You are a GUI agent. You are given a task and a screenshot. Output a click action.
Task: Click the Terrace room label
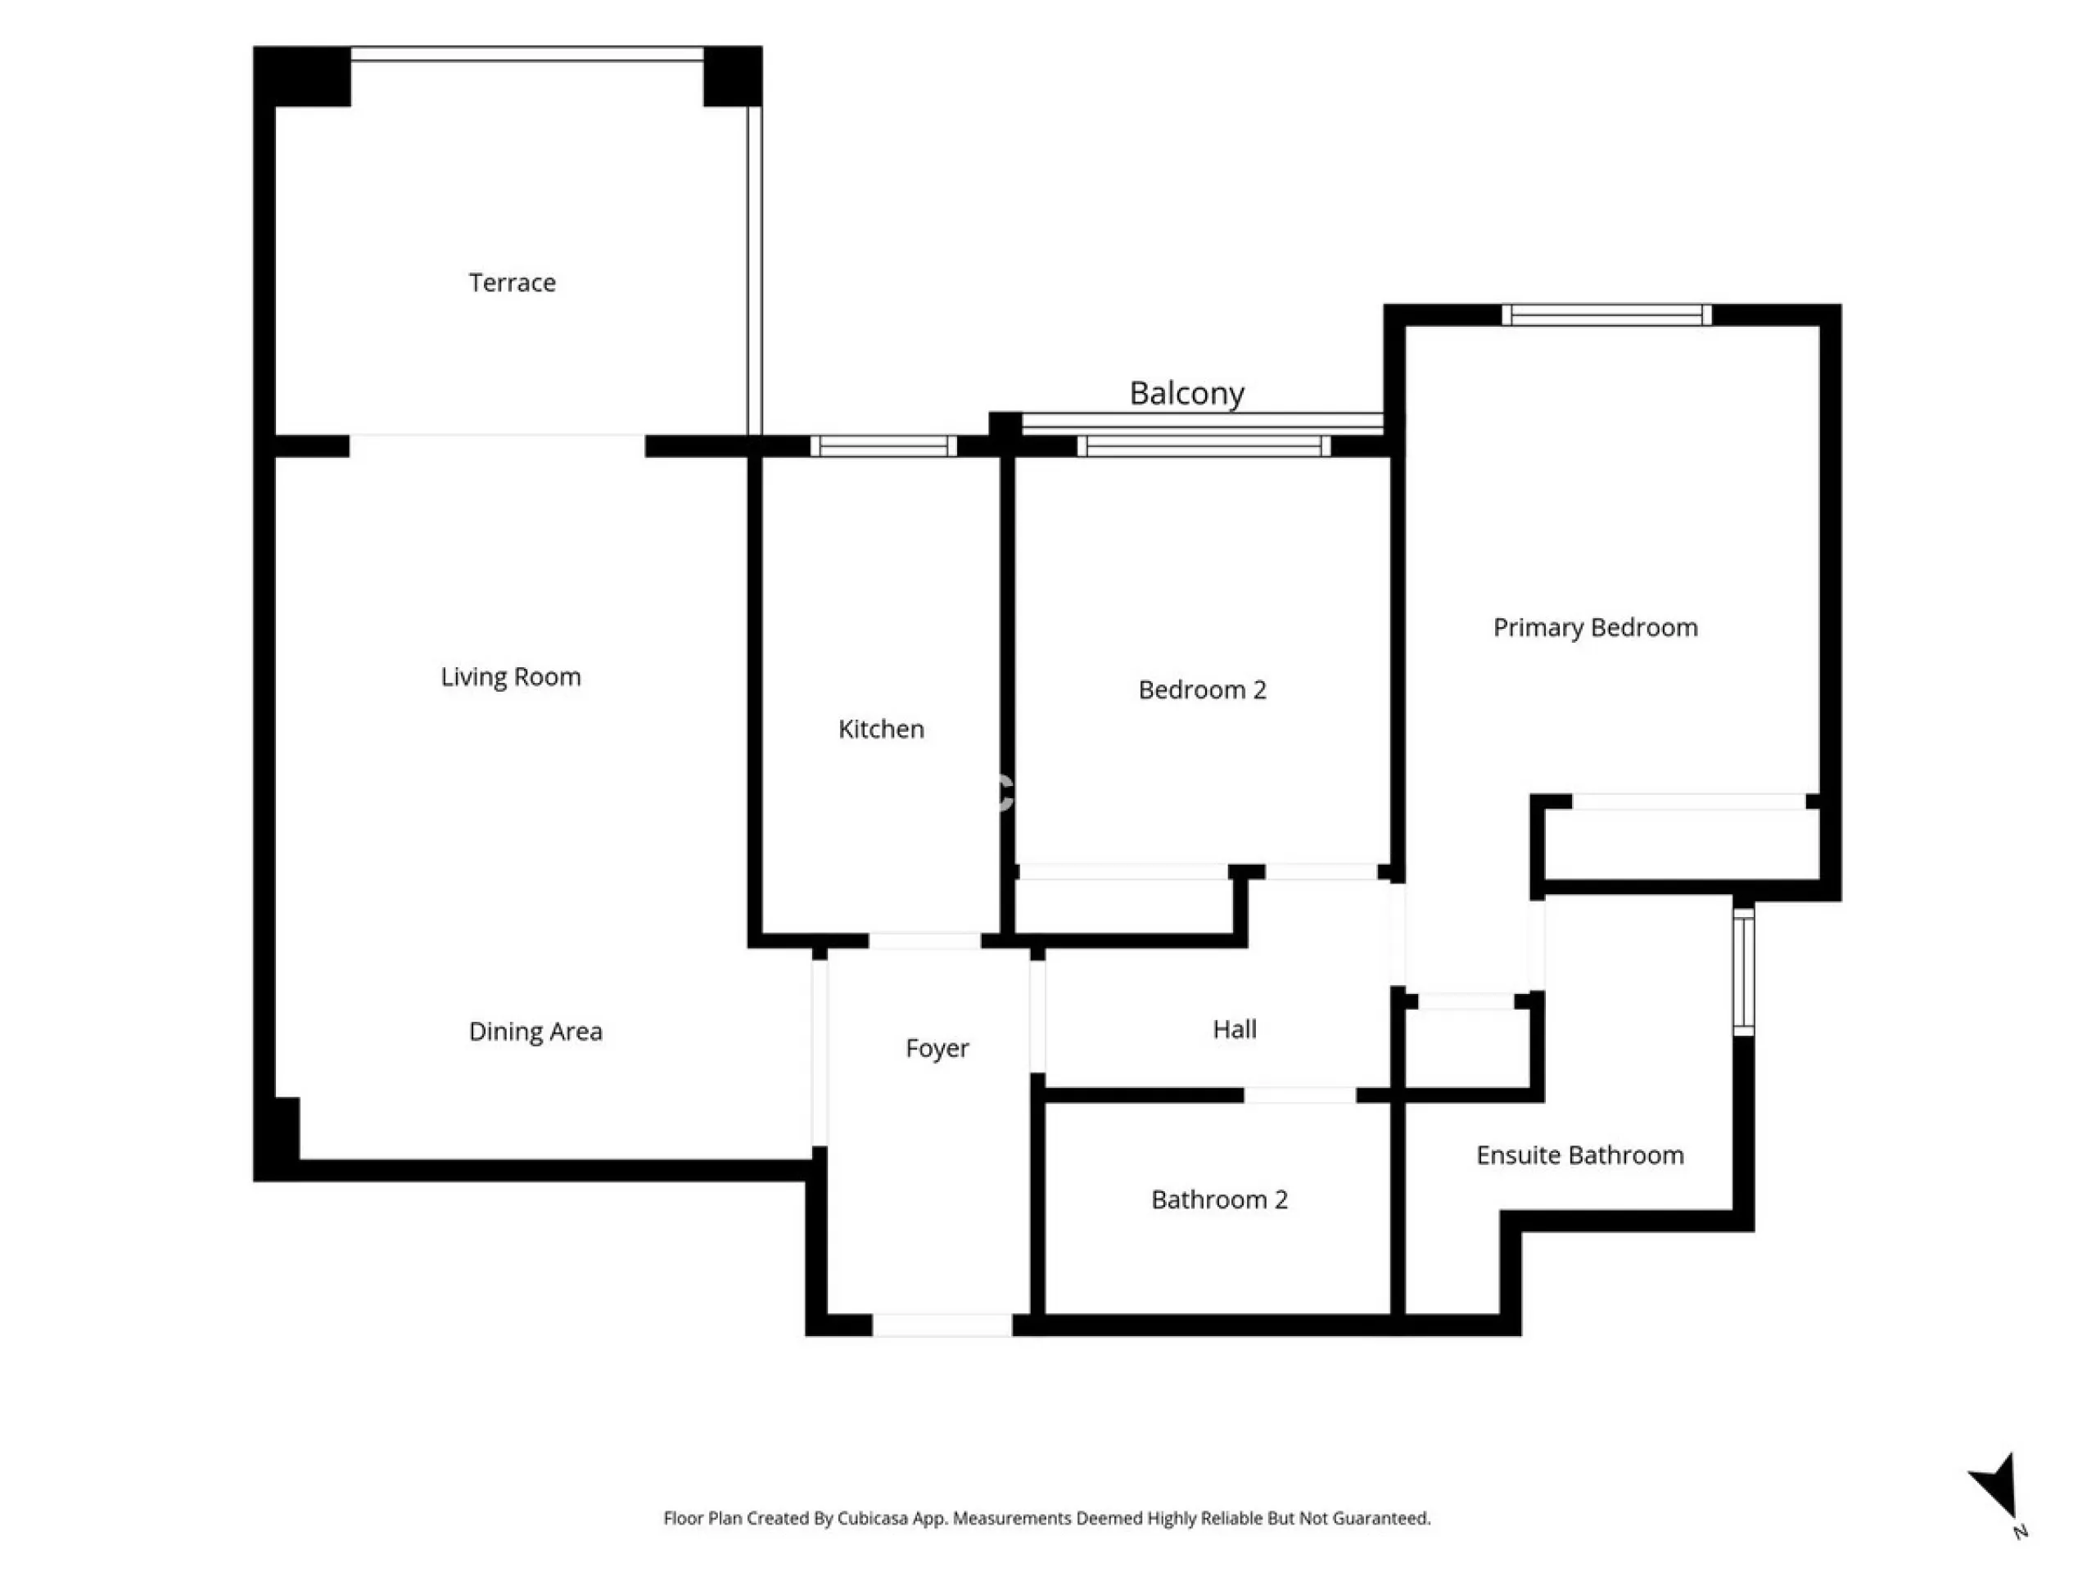pyautogui.click(x=512, y=282)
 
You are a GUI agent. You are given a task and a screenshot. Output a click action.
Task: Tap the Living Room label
pyautogui.click(x=511, y=677)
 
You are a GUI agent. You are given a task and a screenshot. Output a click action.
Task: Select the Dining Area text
pyautogui.click(x=535, y=1032)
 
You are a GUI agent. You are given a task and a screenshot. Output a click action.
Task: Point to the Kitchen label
pyautogui.click(x=881, y=729)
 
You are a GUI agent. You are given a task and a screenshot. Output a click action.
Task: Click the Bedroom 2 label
pyautogui.click(x=1203, y=690)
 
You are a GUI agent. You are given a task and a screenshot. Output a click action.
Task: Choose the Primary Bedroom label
pyautogui.click(x=1596, y=627)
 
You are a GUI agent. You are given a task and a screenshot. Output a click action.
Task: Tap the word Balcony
pyautogui.click(x=1186, y=393)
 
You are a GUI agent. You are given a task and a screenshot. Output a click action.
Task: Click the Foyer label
pyautogui.click(x=937, y=1049)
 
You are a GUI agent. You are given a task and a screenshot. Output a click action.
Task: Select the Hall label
pyautogui.click(x=1235, y=1029)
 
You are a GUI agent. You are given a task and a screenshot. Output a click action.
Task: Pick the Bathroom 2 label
pyautogui.click(x=1219, y=1199)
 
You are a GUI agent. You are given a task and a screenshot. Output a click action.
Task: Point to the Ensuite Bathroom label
pyautogui.click(x=1579, y=1155)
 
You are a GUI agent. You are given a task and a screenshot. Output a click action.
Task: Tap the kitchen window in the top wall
pyautogui.click(x=883, y=446)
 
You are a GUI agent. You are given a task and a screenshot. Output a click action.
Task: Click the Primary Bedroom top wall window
pyautogui.click(x=1607, y=314)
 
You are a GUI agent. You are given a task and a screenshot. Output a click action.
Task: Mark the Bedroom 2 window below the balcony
pyautogui.click(x=1204, y=446)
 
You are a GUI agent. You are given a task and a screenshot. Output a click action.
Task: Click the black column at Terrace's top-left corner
pyautogui.click(x=302, y=76)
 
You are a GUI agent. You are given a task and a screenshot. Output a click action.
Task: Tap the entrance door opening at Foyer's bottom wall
pyautogui.click(x=942, y=1326)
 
